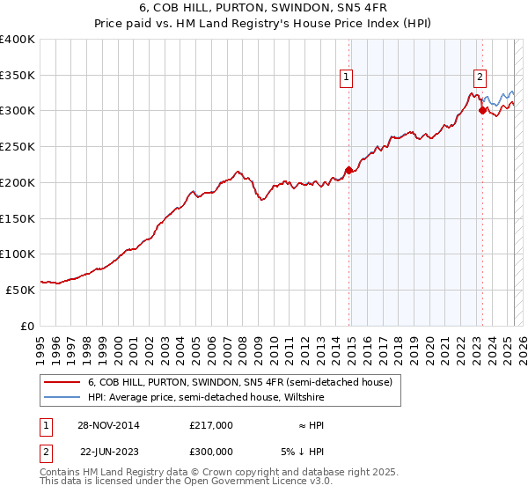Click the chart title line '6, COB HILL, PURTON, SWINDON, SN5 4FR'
click(264, 9)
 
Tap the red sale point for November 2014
click(349, 170)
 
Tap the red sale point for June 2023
click(482, 110)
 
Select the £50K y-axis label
click(20, 289)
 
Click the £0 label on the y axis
click(27, 325)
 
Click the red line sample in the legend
click(60, 382)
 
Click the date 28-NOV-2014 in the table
click(109, 425)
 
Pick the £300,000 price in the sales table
click(211, 452)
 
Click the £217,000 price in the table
click(211, 425)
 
